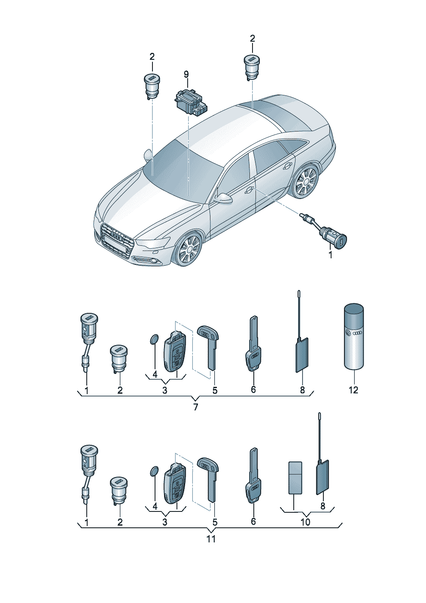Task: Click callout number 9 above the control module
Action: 186,74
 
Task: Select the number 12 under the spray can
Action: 353,390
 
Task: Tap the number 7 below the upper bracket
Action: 195,407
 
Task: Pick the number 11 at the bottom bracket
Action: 211,539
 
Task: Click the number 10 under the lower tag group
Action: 305,522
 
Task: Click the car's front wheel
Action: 189,249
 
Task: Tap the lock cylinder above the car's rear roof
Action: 252,67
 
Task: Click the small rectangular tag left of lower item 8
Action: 295,478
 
